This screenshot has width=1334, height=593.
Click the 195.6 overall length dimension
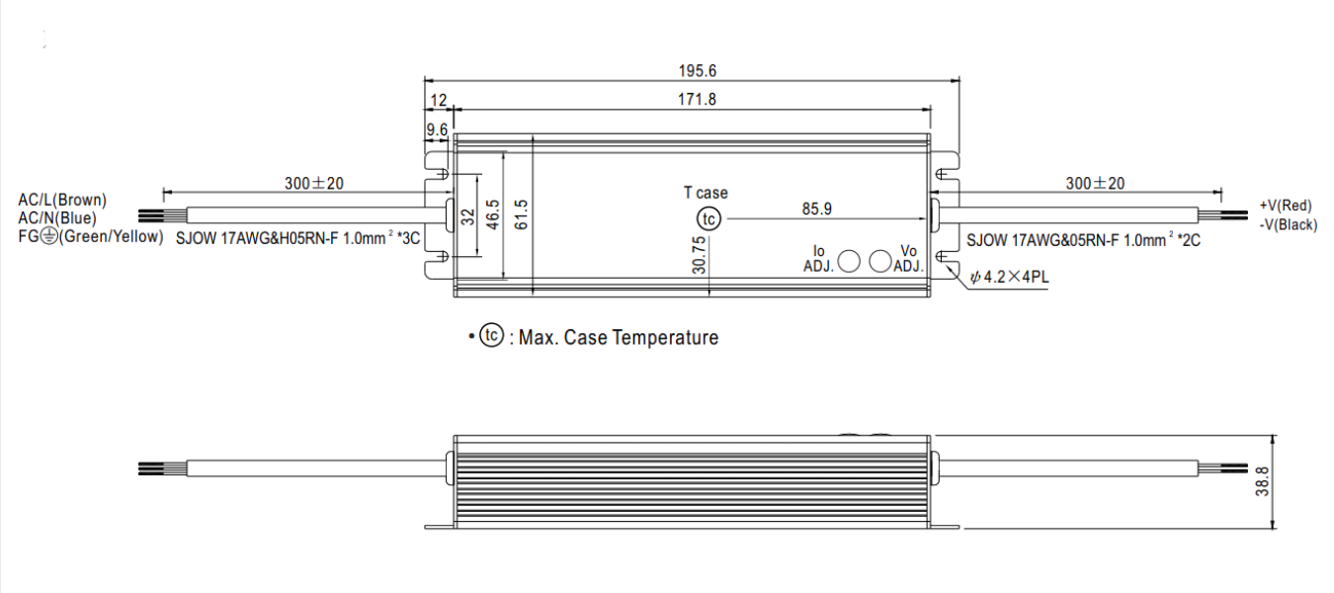pyautogui.click(x=698, y=71)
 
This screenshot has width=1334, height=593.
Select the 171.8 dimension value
pyautogui.click(x=697, y=99)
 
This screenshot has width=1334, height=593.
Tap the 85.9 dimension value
pyautogui.click(x=816, y=209)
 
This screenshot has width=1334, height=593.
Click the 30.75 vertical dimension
pyautogui.click(x=700, y=255)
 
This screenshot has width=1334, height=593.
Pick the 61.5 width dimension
pyautogui.click(x=521, y=214)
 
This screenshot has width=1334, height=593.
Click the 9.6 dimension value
pyautogui.click(x=437, y=129)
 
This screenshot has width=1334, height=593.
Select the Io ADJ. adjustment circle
pyautogui.click(x=849, y=261)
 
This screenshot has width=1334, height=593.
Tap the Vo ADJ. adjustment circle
pyautogui.click(x=880, y=261)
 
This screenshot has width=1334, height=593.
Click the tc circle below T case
pyautogui.click(x=709, y=219)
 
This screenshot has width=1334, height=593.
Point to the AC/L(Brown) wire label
pyautogui.click(x=62, y=200)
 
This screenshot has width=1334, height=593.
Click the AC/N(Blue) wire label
pyautogui.click(x=57, y=218)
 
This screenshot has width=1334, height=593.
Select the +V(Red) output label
pyautogui.click(x=1286, y=206)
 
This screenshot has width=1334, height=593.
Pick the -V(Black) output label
pyautogui.click(x=1289, y=225)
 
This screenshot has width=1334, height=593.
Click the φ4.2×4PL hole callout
pyautogui.click(x=1010, y=277)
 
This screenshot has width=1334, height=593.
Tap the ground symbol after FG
pyautogui.click(x=50, y=237)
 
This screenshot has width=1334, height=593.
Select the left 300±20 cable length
pyautogui.click(x=314, y=184)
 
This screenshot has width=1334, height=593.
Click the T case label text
pyautogui.click(x=706, y=193)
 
